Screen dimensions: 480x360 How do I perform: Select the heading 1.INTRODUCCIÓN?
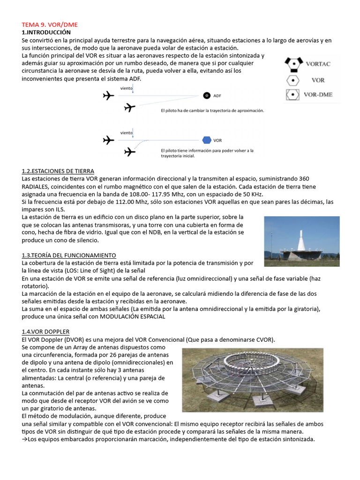46,32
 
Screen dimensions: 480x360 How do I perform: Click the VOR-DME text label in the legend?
318,94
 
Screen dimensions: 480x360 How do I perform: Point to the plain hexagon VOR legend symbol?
292,79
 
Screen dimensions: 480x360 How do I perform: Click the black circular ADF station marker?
206,96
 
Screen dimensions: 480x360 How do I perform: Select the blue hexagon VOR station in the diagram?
206,140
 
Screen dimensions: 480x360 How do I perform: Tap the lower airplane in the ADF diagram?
129,108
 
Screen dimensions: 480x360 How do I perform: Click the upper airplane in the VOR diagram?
108,140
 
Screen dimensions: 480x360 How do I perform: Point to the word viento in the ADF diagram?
126,88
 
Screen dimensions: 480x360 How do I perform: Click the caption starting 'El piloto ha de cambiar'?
212,111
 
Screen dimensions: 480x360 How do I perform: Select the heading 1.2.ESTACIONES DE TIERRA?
58,171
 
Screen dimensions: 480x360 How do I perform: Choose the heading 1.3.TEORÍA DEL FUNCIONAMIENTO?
69,255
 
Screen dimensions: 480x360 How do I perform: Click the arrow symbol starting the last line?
25,439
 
